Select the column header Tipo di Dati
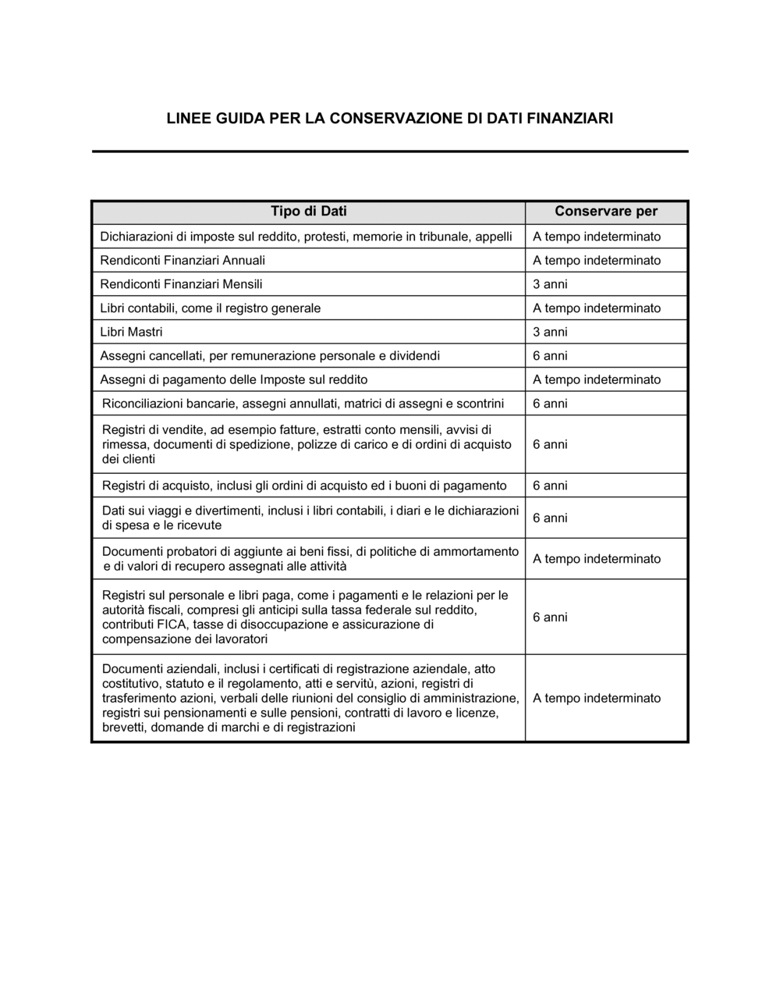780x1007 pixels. tap(309, 212)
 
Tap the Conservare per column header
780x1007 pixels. tap(606, 212)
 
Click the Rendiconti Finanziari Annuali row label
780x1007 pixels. tap(183, 261)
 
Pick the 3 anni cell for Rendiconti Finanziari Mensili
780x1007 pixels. tap(550, 284)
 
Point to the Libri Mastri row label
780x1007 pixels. tap(131, 332)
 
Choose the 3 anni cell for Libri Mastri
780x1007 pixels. tap(550, 332)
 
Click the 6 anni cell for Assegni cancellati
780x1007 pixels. tap(550, 356)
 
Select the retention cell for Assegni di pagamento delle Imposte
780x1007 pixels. tap(597, 380)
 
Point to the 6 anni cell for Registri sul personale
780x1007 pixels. tap(550, 617)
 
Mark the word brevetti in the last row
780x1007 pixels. tap(124, 728)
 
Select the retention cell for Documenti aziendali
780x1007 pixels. tap(597, 699)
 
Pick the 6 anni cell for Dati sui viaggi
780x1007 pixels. tap(550, 518)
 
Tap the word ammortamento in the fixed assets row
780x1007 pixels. tap(476, 552)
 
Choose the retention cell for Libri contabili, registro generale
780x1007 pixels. tap(597, 308)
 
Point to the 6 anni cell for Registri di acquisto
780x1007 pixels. tap(550, 486)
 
